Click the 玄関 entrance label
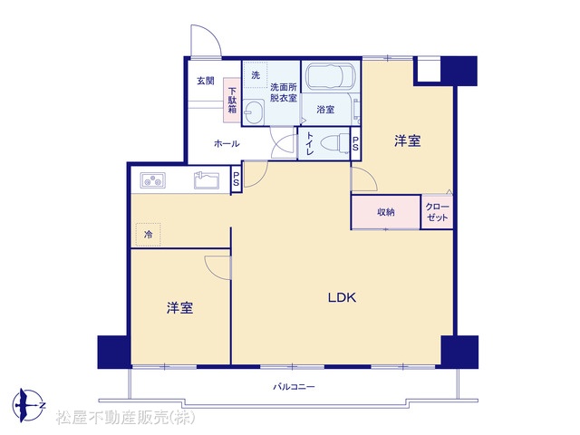tap(206, 81)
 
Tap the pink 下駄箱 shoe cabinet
tap(232, 100)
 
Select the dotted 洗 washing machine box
tap(256, 75)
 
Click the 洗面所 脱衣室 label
tap(284, 92)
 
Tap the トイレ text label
tap(309, 143)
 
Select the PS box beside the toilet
tap(355, 144)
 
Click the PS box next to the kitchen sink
tap(236, 179)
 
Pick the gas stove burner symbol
tap(152, 181)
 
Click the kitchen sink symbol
tap(206, 180)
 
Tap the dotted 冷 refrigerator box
tap(148, 234)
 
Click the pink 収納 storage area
tap(386, 212)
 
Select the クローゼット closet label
tap(437, 212)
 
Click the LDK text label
tap(343, 297)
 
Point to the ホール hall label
tap(227, 143)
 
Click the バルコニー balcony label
tap(294, 387)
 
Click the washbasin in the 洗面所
tap(254, 111)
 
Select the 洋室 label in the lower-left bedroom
tap(179, 308)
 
